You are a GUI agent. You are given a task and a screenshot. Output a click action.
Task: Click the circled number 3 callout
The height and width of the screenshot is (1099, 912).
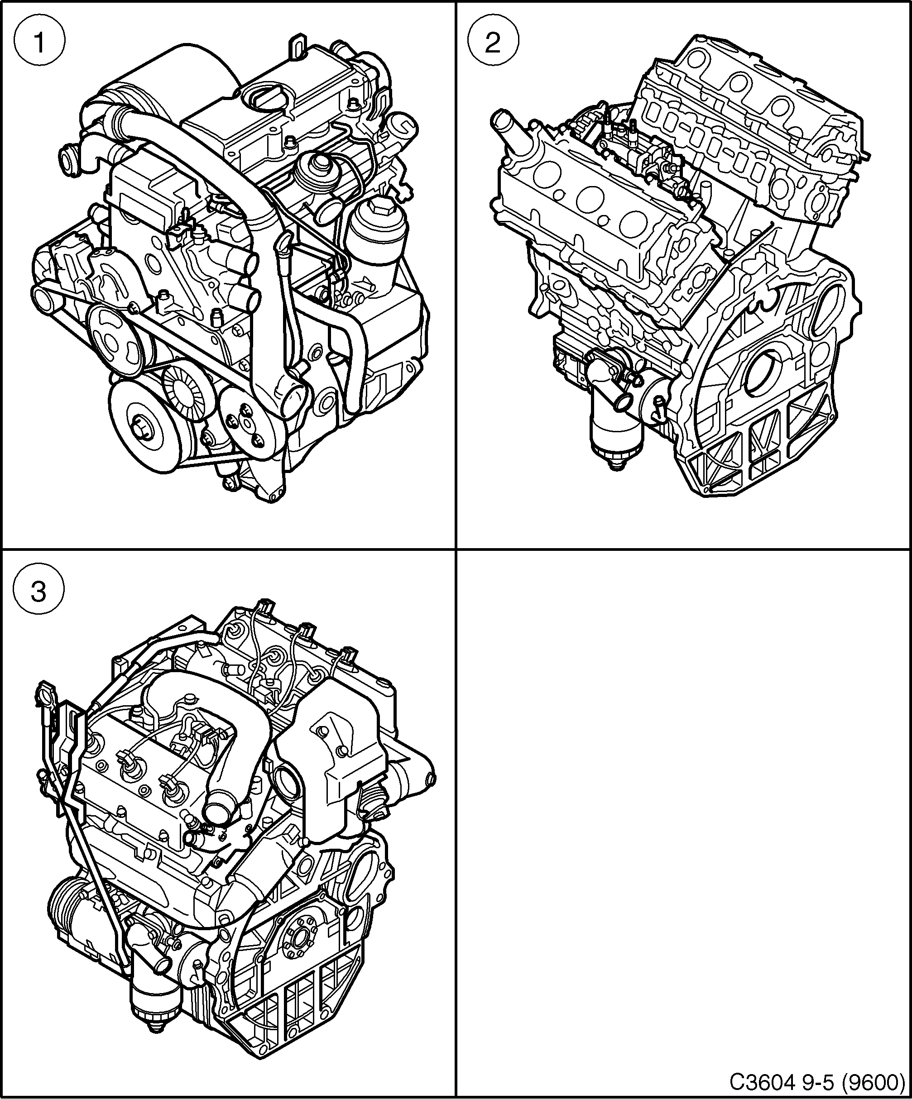point(39,593)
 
